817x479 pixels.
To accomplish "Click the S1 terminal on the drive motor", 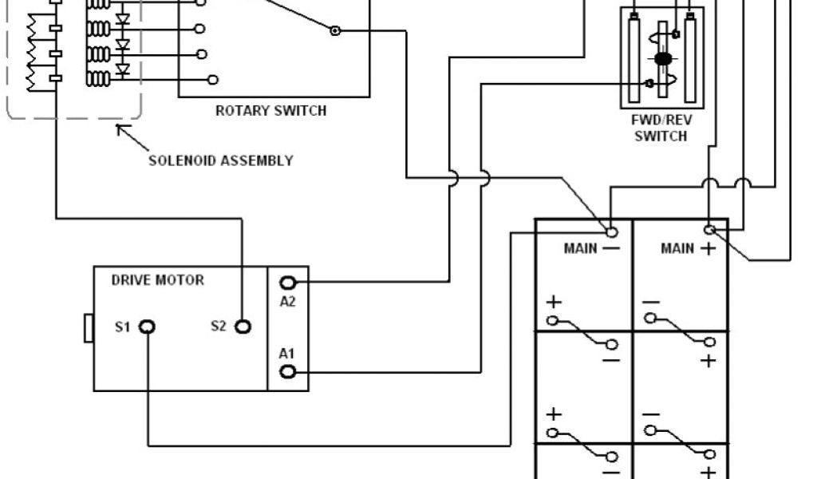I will (148, 327).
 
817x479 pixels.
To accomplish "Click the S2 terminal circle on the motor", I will (243, 327).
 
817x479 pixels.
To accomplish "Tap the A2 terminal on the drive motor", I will (288, 282).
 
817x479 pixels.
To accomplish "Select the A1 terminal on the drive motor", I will (288, 371).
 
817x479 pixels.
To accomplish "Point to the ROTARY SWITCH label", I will (270, 111).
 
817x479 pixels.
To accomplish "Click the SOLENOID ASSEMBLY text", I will (221, 160).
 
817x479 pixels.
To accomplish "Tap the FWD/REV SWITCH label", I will (661, 129).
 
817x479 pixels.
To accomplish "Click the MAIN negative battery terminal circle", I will (612, 232).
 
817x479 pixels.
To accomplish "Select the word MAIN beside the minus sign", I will (580, 248).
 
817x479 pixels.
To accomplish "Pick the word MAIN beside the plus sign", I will (677, 248).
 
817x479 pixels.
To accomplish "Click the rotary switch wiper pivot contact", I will (336, 31).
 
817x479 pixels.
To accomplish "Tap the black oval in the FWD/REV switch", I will (662, 59).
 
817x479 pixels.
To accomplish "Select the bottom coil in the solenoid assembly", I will (98, 79).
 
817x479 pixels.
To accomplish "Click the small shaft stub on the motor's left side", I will (89, 328).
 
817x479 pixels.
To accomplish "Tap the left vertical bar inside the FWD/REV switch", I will (633, 58).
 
